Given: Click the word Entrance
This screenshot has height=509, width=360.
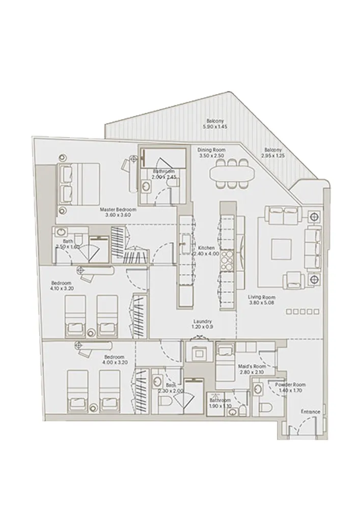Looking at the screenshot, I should tap(311, 411).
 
